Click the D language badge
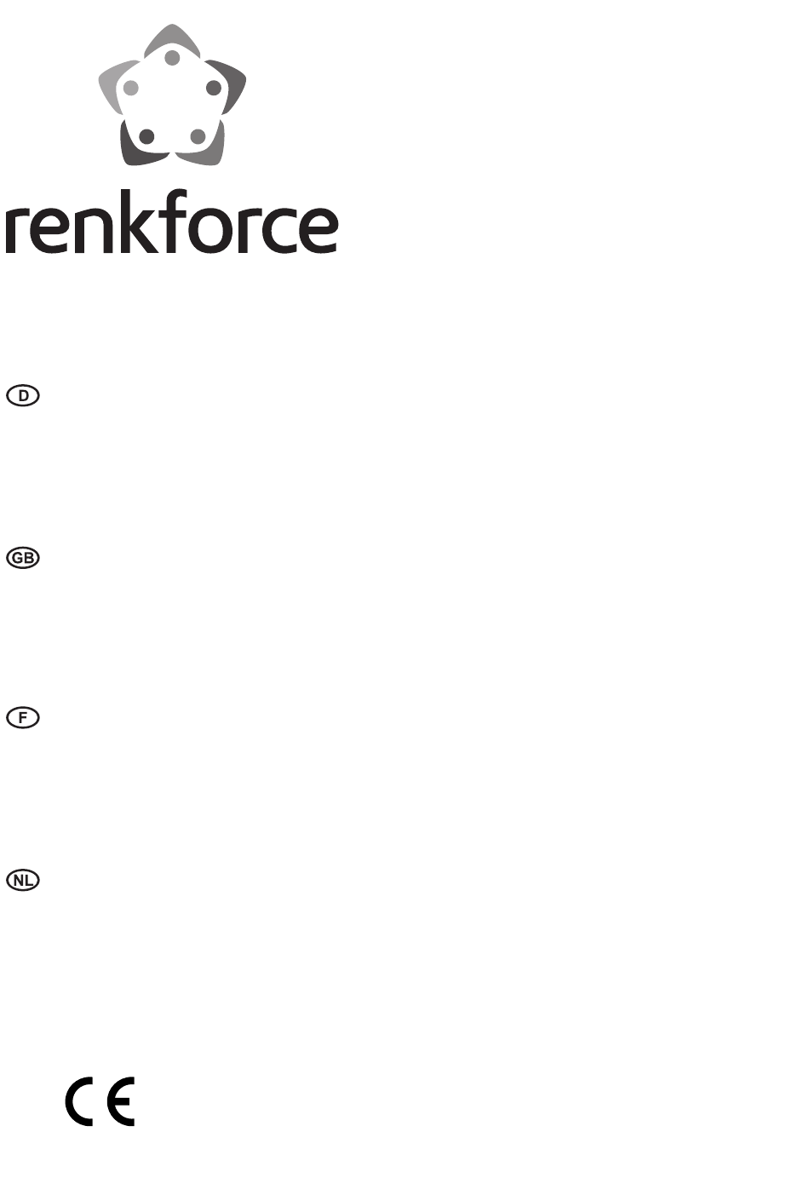click(x=23, y=395)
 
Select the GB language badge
click(x=23, y=558)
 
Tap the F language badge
click(x=23, y=717)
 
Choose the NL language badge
click(x=23, y=880)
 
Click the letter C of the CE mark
click(x=78, y=1102)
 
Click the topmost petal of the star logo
click(x=172, y=37)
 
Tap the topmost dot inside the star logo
click(x=172, y=58)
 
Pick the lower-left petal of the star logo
click(x=136, y=150)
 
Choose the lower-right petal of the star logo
click(x=209, y=150)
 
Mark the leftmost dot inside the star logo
click(x=130, y=88)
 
